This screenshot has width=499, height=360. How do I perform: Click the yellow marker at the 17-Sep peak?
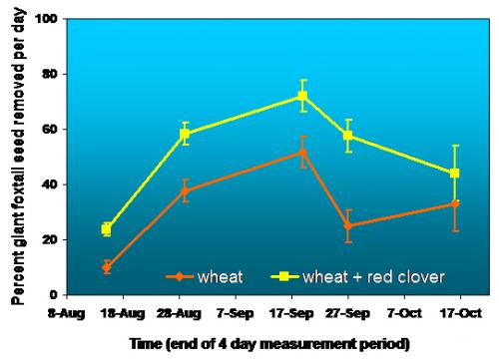tap(303, 97)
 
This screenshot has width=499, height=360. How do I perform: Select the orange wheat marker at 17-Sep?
tap(303, 153)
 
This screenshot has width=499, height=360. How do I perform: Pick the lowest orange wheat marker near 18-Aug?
tap(107, 267)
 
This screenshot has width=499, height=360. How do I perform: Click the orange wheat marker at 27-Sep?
tap(348, 225)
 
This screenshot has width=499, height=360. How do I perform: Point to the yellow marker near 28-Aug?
tap(185, 134)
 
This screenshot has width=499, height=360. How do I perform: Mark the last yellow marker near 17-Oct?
tap(455, 174)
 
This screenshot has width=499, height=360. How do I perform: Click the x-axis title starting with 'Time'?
tap(270, 344)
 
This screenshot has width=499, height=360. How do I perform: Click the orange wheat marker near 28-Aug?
tap(185, 190)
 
